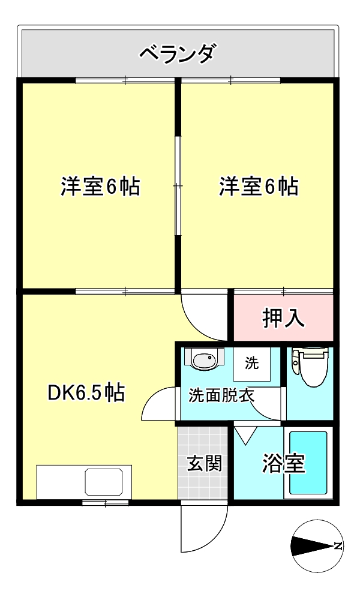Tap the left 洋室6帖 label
(100, 187)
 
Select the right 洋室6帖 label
(258, 187)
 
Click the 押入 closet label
(284, 318)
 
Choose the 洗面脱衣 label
(221, 395)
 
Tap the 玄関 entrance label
(203, 463)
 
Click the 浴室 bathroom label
(283, 463)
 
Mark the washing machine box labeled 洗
(252, 364)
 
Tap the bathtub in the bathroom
(308, 463)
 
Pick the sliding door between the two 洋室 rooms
(178, 187)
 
